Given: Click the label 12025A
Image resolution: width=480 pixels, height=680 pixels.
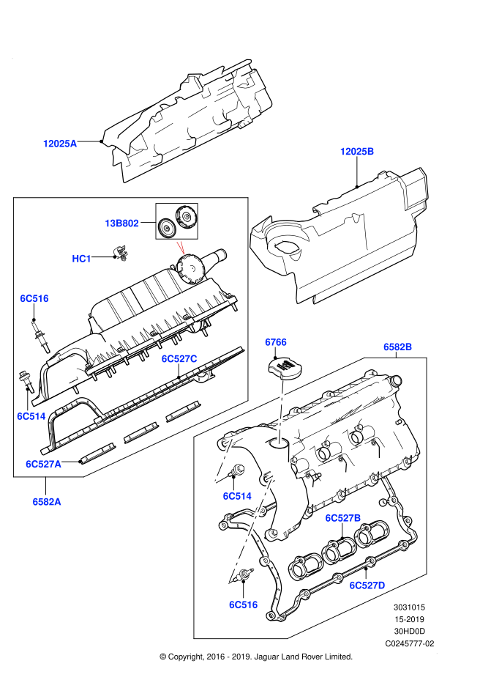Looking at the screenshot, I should coord(60,144).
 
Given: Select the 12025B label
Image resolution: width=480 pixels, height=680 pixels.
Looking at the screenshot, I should coord(357,152).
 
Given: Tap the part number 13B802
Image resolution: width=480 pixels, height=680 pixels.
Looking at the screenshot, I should coord(121,223).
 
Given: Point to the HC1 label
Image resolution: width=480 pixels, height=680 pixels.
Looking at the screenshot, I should coord(81,259).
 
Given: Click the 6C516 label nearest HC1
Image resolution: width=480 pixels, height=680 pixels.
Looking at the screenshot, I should coord(34,298).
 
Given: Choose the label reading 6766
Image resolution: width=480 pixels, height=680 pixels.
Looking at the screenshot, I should coord(276,342).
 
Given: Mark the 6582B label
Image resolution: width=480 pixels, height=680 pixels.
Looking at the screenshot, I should coord(398,347).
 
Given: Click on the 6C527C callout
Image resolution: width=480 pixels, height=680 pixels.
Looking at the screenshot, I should coord(179,359).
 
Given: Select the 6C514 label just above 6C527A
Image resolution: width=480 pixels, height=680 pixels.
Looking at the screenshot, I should coord(31,416).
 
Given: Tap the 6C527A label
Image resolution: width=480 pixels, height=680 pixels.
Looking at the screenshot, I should coord(44,464).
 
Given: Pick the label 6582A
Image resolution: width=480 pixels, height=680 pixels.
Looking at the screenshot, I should coord(47,502).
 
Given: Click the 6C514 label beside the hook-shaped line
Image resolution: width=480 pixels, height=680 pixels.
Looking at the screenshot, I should coord(237,496).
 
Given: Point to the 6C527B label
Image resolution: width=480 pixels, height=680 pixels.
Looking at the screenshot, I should coord(343,518).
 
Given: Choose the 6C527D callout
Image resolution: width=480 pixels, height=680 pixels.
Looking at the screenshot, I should coord(367,585).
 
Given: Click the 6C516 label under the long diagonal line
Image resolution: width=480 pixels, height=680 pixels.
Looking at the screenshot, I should coord(244,605).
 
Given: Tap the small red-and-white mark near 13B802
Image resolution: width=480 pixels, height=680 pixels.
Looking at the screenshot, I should coord(181,248).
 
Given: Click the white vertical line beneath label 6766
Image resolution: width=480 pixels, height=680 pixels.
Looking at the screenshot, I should coord(281,412).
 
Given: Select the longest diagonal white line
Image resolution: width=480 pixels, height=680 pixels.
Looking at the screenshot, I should coord(250,529).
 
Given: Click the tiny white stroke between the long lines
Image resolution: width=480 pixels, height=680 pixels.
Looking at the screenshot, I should coord(288,470).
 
